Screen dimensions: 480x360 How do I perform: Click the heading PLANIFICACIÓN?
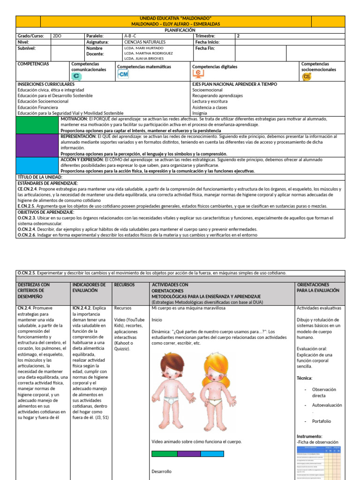(180, 30)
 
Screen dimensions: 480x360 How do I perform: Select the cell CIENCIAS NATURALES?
(142, 42)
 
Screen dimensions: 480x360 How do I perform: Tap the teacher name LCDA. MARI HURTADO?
(144, 48)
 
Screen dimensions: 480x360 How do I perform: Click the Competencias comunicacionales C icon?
(76, 76)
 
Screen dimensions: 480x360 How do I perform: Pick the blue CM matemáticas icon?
(123, 74)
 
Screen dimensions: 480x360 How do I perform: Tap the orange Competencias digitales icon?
(199, 73)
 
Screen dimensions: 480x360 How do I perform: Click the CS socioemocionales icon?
(307, 76)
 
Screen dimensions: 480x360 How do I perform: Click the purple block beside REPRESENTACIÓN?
(37, 145)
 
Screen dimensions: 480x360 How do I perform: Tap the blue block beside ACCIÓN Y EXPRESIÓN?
(37, 165)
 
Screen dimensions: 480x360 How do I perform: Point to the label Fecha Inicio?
(208, 42)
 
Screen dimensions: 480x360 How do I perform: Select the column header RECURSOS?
(124, 285)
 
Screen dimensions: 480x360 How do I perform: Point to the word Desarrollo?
(162, 471)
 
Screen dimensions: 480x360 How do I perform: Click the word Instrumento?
(309, 436)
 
